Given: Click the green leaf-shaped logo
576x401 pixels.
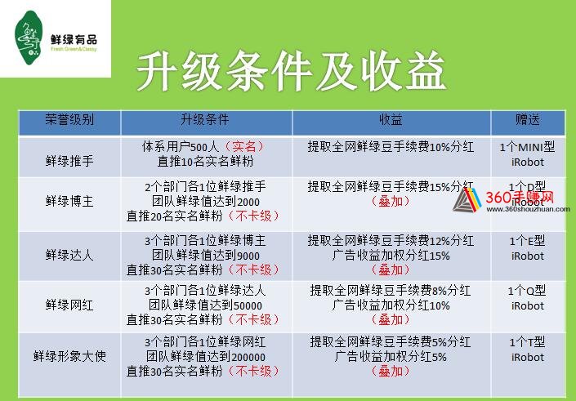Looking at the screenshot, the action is coord(29,38).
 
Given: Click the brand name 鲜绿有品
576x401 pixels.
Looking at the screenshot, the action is coord(74,39).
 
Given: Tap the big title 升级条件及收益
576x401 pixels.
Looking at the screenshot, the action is coord(292,71).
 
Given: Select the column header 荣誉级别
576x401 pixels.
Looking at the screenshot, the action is coord(69,120).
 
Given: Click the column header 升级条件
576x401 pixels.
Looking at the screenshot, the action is coord(205,120).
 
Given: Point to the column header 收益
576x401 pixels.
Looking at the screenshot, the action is coord(391,120).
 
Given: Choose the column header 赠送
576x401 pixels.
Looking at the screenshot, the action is coord(528,120).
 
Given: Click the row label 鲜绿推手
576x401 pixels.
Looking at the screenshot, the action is coord(69,161).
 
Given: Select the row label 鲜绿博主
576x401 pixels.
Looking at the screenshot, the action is coord(69,201).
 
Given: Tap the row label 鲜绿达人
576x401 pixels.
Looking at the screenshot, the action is coord(69,255).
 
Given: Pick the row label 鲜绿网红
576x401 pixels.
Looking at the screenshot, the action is coord(69,305).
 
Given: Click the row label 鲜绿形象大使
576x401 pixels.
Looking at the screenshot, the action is coord(69,356).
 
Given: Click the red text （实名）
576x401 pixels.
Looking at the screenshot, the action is coord(244,146).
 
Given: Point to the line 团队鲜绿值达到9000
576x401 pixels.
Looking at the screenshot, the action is coord(206,255).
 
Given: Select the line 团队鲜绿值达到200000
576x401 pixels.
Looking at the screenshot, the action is coord(206,356).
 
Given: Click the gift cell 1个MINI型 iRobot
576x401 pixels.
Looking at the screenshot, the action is coord(528,154).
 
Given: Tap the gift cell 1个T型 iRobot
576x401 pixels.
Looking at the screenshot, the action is coord(528,350).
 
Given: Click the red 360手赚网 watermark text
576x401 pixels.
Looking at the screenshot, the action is coord(520,198).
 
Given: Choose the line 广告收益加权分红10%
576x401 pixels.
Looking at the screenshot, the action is coord(391,305).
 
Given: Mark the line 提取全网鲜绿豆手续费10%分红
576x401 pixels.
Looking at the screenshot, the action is coord(391,147).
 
